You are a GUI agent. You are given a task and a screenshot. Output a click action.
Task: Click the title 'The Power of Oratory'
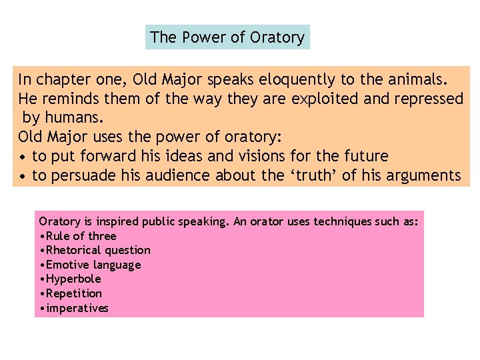pyautogui.click(x=227, y=37)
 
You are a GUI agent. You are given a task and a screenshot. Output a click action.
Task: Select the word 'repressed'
pyautogui.click(x=430, y=99)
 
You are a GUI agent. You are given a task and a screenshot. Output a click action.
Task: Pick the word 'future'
pyautogui.click(x=364, y=157)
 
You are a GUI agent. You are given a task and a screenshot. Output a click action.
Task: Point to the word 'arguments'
pyautogui.click(x=424, y=176)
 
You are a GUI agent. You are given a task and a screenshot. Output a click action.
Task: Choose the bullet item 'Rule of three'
pyautogui.click(x=81, y=236)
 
